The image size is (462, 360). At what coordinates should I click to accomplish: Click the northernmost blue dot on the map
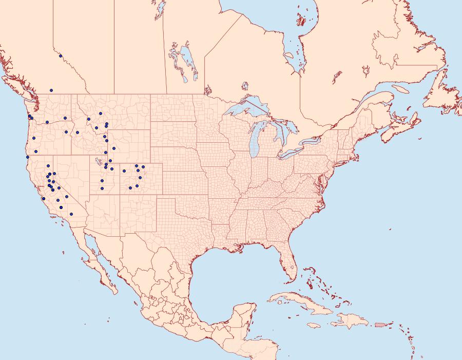click(61, 56)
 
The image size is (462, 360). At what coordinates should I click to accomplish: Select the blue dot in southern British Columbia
click(51, 90)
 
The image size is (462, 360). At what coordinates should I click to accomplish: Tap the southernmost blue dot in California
click(71, 214)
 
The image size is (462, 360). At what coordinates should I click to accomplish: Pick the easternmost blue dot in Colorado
click(143, 167)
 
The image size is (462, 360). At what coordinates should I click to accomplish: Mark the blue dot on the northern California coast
click(27, 157)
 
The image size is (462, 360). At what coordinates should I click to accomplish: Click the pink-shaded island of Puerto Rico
click(380, 324)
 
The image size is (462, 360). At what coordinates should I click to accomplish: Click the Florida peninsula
click(290, 264)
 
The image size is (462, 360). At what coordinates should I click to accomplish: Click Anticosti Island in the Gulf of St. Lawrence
click(400, 89)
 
